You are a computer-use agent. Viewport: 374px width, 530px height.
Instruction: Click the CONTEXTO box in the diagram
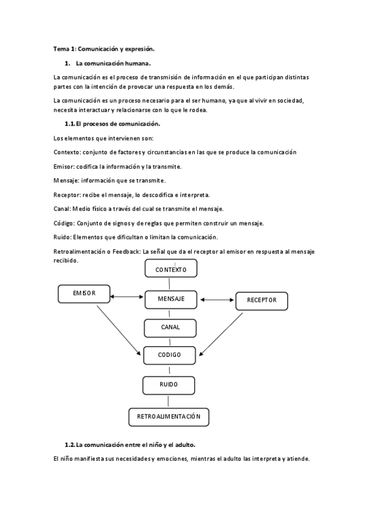(170, 269)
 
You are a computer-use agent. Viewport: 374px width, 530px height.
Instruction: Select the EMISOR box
(84, 292)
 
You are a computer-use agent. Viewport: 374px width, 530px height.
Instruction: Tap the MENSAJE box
(170, 299)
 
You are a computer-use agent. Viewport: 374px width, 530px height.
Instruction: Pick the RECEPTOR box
(261, 301)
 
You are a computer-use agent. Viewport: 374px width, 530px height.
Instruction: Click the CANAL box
(170, 327)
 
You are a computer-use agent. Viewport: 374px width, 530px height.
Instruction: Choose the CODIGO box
(170, 355)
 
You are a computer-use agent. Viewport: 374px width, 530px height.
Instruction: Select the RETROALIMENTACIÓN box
(169, 416)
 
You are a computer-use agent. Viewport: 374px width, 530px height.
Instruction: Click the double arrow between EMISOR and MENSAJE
(127, 296)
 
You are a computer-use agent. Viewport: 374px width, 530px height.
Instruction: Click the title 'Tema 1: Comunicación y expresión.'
(102, 48)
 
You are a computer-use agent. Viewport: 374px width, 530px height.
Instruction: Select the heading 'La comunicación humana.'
(113, 63)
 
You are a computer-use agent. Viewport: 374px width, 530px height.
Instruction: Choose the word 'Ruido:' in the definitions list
(62, 237)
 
